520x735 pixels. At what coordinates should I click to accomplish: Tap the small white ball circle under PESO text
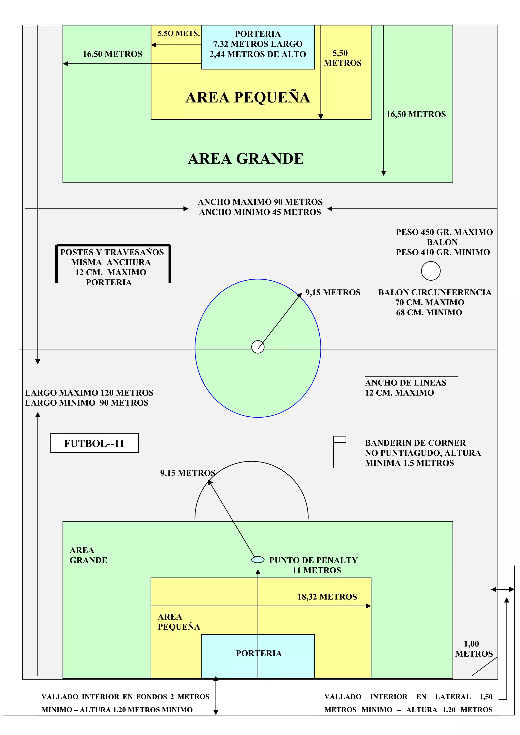(431, 271)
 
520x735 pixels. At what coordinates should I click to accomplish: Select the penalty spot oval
(258, 560)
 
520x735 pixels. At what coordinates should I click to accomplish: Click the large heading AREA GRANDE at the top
(246, 159)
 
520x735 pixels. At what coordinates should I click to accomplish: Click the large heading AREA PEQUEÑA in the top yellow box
(248, 97)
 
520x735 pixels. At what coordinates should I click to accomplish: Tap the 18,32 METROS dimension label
(327, 597)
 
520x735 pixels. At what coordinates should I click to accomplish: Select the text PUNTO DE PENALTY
(313, 560)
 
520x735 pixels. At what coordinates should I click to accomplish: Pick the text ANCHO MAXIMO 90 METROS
(260, 202)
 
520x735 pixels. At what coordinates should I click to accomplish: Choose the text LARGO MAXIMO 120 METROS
(89, 393)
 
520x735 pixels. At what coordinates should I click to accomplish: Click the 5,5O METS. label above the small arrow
(178, 33)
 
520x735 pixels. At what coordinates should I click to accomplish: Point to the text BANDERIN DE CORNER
(415, 443)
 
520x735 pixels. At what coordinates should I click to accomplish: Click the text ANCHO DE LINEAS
(406, 383)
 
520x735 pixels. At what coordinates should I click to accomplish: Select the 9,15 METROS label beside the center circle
(333, 292)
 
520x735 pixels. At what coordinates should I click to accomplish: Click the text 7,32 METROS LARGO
(258, 44)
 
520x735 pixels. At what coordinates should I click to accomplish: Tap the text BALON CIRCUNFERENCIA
(435, 292)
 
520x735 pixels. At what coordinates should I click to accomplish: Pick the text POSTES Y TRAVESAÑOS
(112, 252)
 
